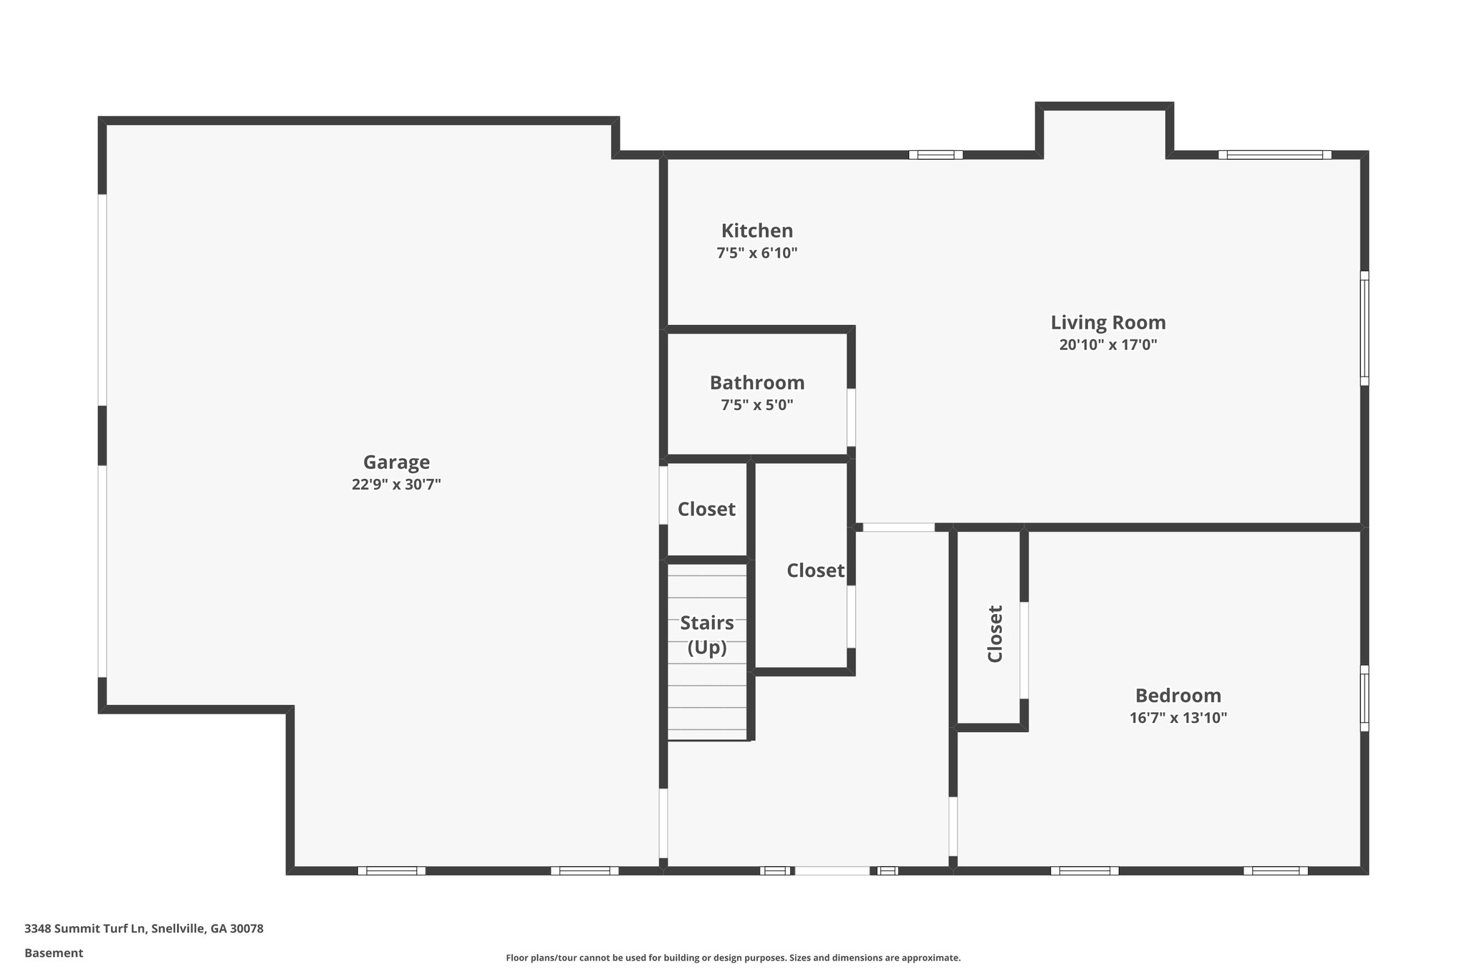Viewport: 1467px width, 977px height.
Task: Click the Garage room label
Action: (396, 462)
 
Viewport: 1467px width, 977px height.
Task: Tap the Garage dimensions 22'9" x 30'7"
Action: (396, 485)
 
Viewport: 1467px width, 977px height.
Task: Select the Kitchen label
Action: (756, 231)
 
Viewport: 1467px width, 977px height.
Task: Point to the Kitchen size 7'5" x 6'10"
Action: (756, 253)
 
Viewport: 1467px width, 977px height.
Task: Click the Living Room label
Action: (1107, 323)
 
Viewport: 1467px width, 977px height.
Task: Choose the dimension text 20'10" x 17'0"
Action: (1107, 345)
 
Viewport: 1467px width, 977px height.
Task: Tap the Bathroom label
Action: (756, 383)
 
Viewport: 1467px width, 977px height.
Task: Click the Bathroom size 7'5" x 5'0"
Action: (756, 405)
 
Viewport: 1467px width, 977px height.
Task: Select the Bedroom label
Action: (1178, 696)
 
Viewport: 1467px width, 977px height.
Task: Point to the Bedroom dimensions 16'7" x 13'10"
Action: (1178, 718)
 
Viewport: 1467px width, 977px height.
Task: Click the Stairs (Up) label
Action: (706, 635)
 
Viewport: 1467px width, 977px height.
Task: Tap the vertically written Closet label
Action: (995, 634)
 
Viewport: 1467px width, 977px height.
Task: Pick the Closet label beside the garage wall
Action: (706, 510)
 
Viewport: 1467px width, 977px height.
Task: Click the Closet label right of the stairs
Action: (815, 571)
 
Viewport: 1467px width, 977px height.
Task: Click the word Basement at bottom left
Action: (54, 953)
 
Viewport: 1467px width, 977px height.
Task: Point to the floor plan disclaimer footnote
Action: (733, 958)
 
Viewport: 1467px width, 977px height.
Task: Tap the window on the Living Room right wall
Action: (1365, 328)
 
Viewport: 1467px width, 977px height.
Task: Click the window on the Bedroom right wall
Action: (1365, 698)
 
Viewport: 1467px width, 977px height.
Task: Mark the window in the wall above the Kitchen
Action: (935, 155)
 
